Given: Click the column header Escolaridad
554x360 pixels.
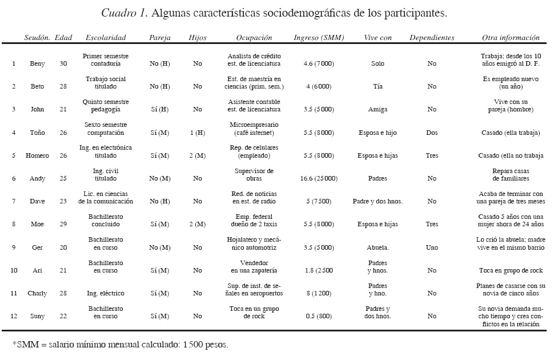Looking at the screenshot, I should (105, 38).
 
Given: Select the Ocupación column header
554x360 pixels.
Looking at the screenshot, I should (254, 38).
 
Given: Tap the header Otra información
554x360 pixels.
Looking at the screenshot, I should (511, 38).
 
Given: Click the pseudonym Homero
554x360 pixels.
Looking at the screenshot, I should (37, 155).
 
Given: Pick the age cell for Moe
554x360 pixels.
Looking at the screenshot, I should (62, 225).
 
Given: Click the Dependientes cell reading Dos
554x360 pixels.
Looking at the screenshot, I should (432, 133).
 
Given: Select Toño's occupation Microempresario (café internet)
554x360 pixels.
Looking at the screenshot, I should (254, 129).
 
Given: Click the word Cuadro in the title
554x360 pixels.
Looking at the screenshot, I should (116, 12).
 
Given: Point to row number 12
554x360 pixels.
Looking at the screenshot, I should (13, 316).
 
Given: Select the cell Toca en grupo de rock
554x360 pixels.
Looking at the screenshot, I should (510, 270).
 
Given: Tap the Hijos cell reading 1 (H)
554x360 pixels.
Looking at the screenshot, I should (197, 133).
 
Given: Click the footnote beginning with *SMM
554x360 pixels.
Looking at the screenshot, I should (119, 345).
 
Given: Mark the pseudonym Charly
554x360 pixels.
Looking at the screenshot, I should (37, 293).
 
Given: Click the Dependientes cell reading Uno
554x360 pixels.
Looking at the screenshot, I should (432, 247).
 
